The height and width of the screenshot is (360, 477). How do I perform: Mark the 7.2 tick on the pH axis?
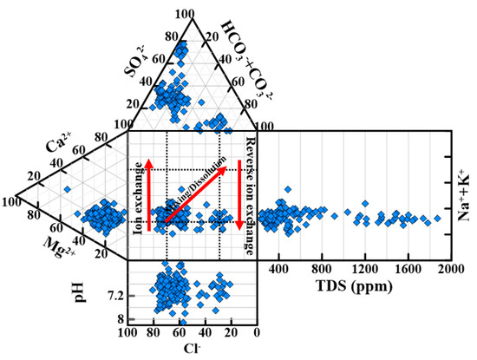click(114, 297)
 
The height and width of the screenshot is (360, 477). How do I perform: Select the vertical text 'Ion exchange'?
click(139, 193)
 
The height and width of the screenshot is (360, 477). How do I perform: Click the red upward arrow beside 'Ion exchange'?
click(148, 193)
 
